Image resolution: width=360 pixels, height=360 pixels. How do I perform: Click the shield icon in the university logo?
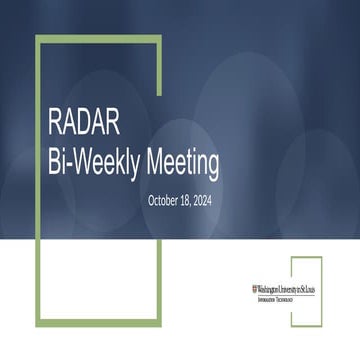pyautogui.click(x=254, y=288)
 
